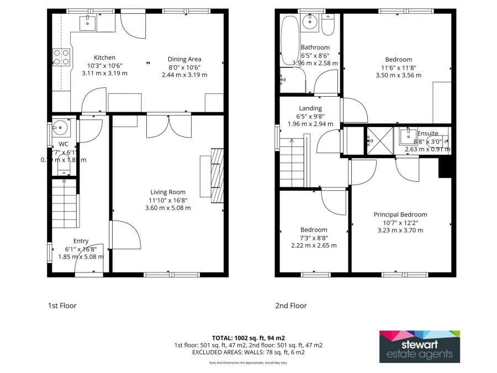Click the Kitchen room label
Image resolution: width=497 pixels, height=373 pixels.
[104, 57]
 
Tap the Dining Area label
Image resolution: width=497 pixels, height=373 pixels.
[184, 59]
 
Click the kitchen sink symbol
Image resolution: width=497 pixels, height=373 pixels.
[88, 23]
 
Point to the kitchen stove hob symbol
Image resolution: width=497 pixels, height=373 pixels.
[61, 57]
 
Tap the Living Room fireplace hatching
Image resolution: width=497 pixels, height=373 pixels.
[218, 176]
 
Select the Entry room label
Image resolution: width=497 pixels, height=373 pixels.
[81, 241]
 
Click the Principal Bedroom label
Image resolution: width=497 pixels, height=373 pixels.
[400, 215]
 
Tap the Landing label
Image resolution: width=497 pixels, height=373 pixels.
[310, 108]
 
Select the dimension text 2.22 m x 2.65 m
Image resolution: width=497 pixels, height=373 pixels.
[314, 245]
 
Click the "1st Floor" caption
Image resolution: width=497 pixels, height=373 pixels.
[62, 305]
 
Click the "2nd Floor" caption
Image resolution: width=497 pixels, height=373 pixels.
[291, 305]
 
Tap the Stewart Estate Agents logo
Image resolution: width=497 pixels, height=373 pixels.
[420, 346]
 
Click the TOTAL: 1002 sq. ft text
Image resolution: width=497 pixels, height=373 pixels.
[248, 338]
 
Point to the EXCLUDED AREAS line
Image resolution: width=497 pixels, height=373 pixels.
[248, 352]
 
